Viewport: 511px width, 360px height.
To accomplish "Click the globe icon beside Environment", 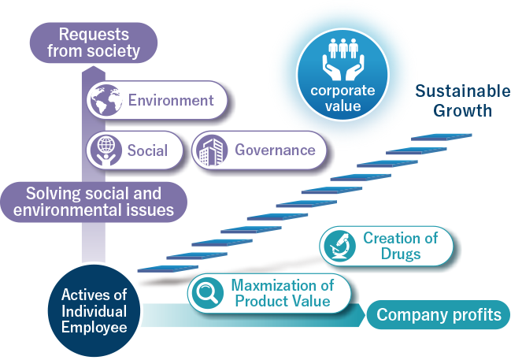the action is (x=106, y=100).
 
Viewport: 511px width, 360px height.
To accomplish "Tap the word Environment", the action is (x=171, y=100).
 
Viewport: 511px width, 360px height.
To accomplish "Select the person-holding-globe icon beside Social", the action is (x=106, y=150).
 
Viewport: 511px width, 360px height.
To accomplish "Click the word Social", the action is (x=147, y=150).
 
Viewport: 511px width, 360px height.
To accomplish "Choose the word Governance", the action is (x=275, y=150).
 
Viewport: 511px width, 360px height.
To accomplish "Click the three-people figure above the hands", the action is (x=343, y=48).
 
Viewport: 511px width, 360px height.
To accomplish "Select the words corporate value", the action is (x=343, y=98).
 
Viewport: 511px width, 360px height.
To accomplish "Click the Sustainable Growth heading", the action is (x=462, y=100).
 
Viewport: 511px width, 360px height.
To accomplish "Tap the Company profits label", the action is (x=439, y=314).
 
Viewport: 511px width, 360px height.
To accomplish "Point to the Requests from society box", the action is (x=94, y=43).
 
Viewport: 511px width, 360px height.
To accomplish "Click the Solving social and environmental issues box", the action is (x=94, y=202).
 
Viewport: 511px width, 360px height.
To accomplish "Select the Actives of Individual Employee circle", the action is (x=94, y=310).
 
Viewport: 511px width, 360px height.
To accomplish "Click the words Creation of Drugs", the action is (x=401, y=246).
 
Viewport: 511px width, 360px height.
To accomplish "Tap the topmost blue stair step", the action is (x=441, y=137).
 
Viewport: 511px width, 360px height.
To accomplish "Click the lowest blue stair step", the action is (x=168, y=269).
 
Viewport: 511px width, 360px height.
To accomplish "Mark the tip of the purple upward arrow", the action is (x=94, y=66).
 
